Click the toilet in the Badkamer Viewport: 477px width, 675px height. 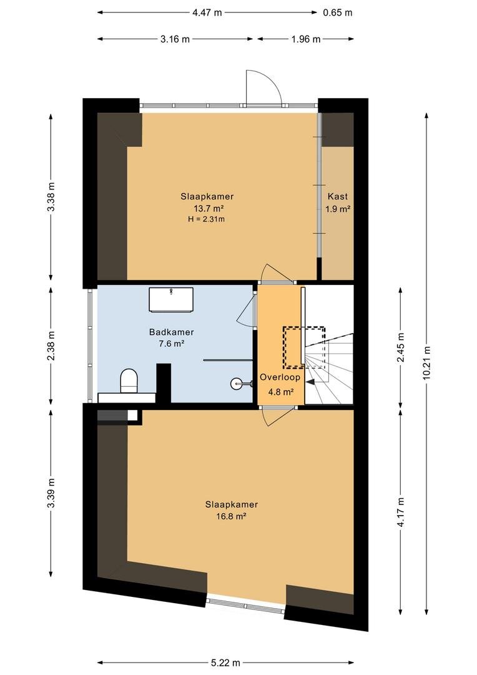(129, 380)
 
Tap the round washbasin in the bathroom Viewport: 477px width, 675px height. (237, 382)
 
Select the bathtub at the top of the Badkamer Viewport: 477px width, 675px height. (171, 299)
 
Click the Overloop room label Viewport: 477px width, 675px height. (280, 377)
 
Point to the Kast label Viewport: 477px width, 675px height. (338, 196)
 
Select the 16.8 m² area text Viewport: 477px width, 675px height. (232, 516)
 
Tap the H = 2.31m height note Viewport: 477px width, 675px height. (207, 219)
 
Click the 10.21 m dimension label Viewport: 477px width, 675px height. (426, 362)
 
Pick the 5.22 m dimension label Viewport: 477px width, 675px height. (225, 663)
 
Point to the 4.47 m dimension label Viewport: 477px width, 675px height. (207, 12)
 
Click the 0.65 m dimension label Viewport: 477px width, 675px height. (338, 12)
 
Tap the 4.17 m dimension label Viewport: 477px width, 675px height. (401, 512)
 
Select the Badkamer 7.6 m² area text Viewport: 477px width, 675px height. (172, 344)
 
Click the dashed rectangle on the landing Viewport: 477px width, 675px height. (303, 347)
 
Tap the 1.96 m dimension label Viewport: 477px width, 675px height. (306, 39)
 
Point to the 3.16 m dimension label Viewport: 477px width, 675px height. (175, 39)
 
